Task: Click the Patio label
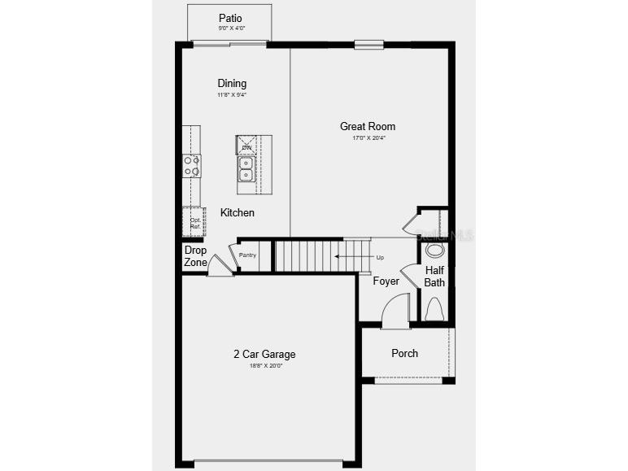[x=230, y=18]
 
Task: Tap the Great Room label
[x=368, y=126]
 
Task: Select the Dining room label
[x=232, y=83]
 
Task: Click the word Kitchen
[x=238, y=212]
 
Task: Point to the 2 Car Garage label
[x=264, y=354]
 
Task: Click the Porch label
[x=404, y=353]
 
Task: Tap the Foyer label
[x=386, y=281]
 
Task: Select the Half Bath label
[x=434, y=277]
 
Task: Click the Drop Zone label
[x=195, y=256]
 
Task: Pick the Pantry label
[x=247, y=255]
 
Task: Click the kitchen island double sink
[x=246, y=168]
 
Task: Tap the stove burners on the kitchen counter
[x=192, y=166]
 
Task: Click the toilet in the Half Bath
[x=434, y=309]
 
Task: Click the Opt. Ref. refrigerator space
[x=195, y=223]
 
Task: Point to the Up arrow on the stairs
[x=358, y=258]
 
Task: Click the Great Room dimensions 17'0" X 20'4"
[x=368, y=138]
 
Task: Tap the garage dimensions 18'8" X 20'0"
[x=264, y=366]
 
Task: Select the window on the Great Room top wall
[x=369, y=45]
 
